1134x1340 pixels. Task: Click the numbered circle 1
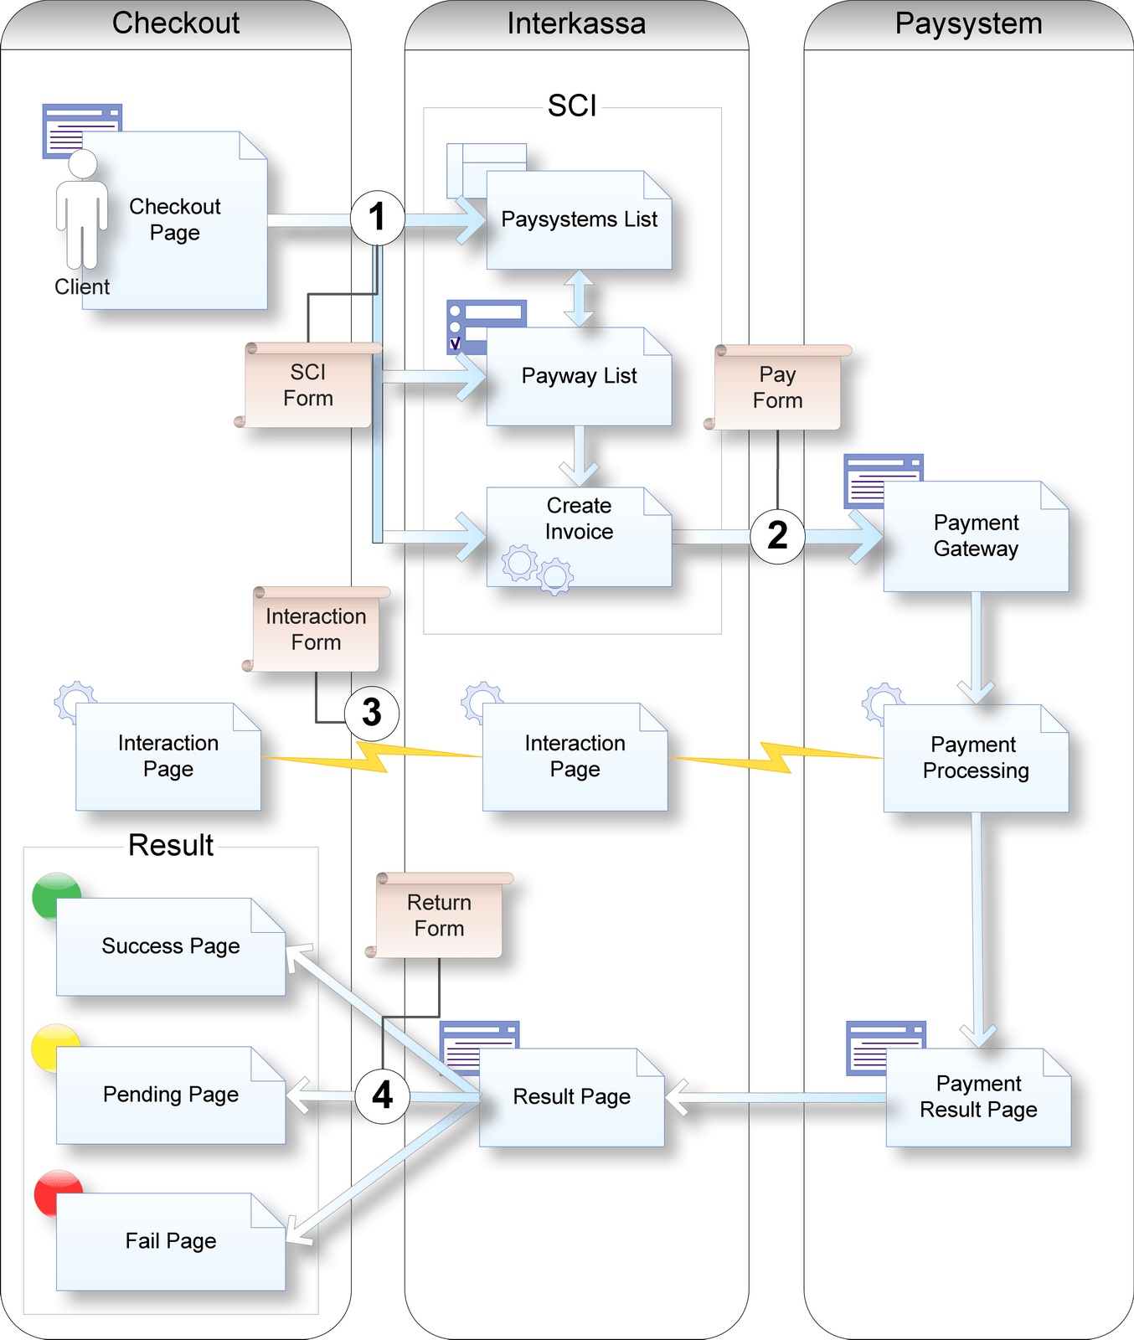pos(377,218)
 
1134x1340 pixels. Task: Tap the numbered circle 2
pos(777,536)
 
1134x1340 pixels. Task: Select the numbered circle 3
pos(371,713)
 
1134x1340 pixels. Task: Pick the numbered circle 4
pos(382,1095)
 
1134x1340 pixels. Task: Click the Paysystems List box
pos(579,220)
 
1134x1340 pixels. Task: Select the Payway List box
pos(579,376)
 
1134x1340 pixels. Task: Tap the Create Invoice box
pos(579,536)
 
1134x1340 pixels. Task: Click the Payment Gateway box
pos(976,536)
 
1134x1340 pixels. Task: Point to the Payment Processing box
pos(976,758)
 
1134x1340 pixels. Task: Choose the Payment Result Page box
pos(978,1097)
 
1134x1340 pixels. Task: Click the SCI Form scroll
pos(308,385)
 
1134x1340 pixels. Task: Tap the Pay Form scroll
pos(777,388)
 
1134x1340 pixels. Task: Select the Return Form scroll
pos(439,915)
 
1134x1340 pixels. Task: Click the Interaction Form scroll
pos(316,629)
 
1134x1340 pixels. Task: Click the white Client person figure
pos(82,209)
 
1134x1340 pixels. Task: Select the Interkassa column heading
pos(576,23)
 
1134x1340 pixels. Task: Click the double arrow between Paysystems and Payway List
pos(579,298)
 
